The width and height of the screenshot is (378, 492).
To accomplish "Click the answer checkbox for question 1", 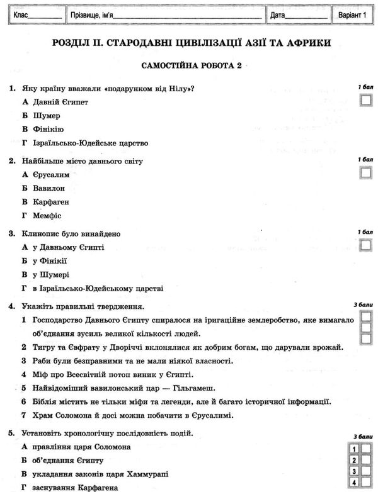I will tap(365, 99).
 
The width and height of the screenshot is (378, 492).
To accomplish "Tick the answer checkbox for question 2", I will tap(365, 172).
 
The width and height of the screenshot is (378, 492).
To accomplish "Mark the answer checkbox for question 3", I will tap(365, 245).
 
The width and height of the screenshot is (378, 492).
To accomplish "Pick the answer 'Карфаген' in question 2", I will tap(51, 202).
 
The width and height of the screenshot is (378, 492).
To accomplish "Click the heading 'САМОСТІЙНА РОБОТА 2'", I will tap(190, 65).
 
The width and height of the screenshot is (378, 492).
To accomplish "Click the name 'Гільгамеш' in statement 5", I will tap(196, 388).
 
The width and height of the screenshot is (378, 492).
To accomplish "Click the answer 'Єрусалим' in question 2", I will tap(51, 174).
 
